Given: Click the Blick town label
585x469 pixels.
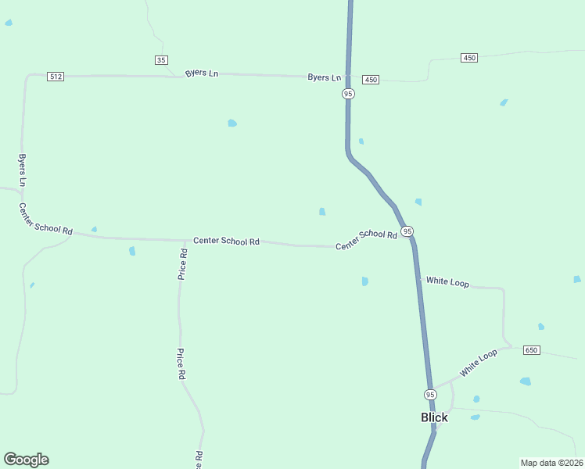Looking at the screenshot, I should click(x=434, y=417).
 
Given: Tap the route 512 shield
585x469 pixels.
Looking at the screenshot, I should click(x=56, y=77).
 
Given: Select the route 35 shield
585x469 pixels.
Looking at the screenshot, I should click(x=161, y=60).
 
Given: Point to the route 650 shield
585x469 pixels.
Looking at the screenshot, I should click(x=531, y=349).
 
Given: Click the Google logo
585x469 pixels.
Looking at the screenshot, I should click(x=26, y=460).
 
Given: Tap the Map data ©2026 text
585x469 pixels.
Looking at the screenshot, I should click(x=551, y=462).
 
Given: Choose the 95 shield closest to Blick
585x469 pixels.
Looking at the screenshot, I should click(x=430, y=394).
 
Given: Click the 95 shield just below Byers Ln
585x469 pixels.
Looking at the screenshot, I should click(x=348, y=94).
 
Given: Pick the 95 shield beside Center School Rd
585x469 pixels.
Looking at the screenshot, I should click(x=407, y=231).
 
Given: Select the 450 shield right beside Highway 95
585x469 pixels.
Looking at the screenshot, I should click(x=371, y=80).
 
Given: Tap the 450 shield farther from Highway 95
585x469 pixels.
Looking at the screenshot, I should click(x=469, y=58).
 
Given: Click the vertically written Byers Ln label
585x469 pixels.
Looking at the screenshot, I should click(x=23, y=170).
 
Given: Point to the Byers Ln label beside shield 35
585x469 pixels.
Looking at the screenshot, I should click(x=201, y=73).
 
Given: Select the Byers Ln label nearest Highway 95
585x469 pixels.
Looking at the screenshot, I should click(x=324, y=77).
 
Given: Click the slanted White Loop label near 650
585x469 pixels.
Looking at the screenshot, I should click(x=479, y=363).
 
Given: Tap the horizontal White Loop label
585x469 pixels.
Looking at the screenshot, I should click(x=447, y=281).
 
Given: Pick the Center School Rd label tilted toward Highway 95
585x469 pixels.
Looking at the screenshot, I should click(x=366, y=239).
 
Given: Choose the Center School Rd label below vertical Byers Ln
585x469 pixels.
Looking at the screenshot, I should click(x=45, y=219).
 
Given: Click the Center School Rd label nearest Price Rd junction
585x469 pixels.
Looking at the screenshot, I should click(x=226, y=241).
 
